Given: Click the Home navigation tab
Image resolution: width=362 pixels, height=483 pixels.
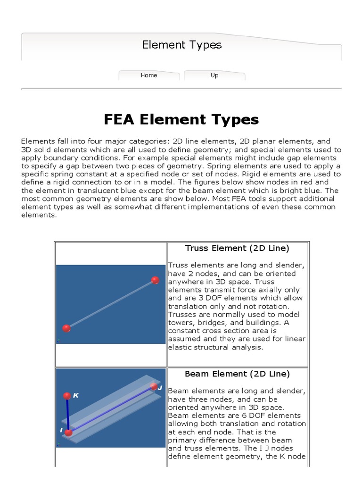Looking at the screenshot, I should tap(149, 75).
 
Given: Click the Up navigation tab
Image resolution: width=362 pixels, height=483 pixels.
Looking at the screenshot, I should tap(214, 75).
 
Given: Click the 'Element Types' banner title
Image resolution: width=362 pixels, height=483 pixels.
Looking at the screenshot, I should tap(181, 45).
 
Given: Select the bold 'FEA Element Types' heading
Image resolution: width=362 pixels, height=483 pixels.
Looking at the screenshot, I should tap(181, 119).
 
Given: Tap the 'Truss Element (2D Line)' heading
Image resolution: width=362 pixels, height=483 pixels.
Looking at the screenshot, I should tap(237, 248).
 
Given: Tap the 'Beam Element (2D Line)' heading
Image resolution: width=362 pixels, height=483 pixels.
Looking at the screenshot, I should tap(237, 374).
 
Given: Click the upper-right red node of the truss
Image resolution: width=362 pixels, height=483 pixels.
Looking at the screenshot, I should tap(155, 281).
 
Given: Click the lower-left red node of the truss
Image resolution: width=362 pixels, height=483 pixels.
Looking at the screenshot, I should tap(66, 328).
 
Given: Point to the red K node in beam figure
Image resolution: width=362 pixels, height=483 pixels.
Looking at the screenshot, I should tap(67, 396).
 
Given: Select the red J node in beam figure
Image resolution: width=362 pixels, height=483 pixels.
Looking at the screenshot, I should tap(154, 387).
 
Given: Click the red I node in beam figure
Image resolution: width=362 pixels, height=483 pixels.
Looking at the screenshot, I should tap(69, 432).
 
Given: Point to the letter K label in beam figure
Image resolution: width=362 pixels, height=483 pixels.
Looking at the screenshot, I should tap(76, 396).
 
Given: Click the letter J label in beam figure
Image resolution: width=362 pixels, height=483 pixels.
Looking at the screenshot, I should tap(160, 388).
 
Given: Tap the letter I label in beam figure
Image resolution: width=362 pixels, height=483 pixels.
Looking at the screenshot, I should tap(61, 430).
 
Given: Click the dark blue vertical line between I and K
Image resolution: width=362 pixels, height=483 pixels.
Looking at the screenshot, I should tap(68, 414).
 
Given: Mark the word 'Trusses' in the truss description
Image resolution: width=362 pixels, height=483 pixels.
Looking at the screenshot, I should tap(181, 315).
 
